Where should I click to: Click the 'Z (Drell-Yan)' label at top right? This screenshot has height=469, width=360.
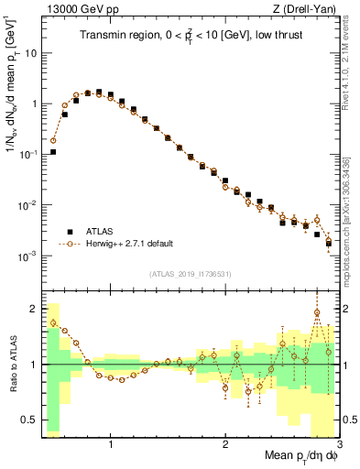(x=307, y=10)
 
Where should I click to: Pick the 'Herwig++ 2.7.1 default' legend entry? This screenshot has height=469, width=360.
(x=127, y=244)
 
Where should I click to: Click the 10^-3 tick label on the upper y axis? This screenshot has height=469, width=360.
(x=27, y=256)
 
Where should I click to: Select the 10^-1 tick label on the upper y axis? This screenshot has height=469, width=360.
(x=27, y=155)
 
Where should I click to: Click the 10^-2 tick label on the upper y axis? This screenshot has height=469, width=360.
(x=27, y=205)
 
